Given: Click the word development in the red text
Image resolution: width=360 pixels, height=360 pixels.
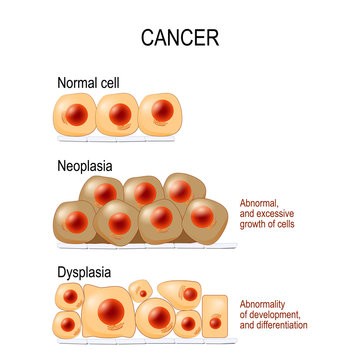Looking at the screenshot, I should (x=274, y=314).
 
